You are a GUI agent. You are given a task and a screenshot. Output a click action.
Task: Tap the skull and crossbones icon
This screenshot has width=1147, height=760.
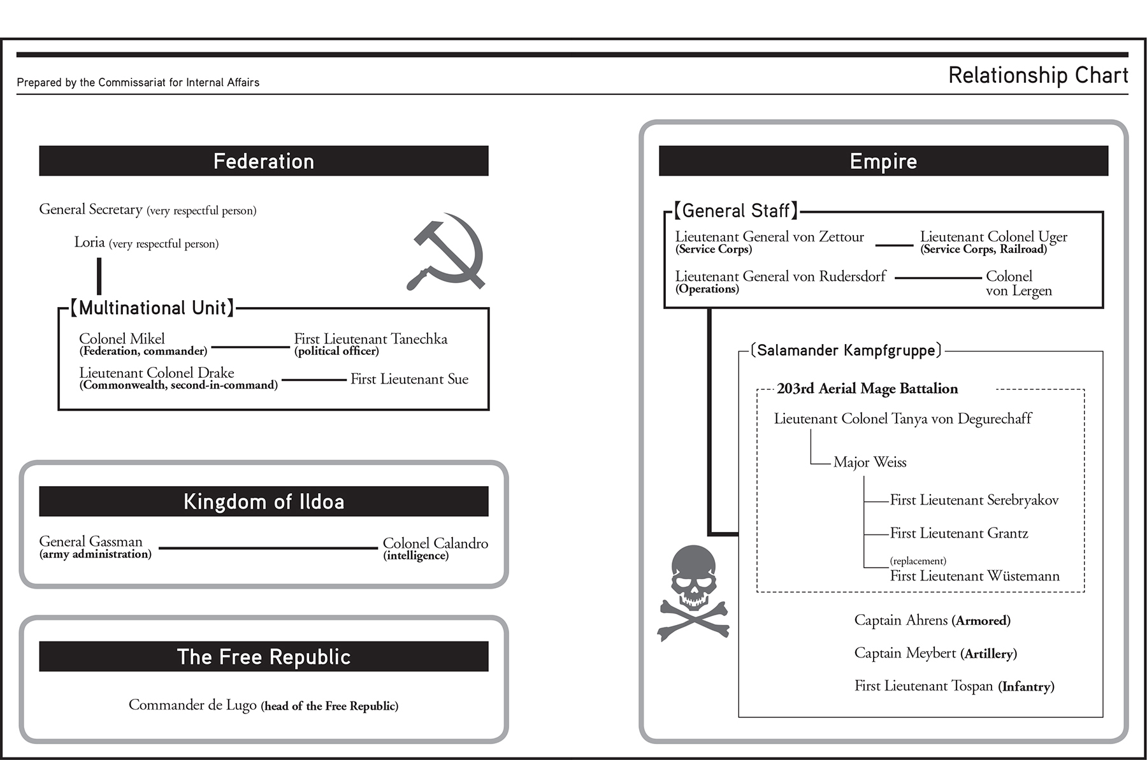tap(693, 592)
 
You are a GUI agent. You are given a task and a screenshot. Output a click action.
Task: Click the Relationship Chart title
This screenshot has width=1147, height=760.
tap(1037, 75)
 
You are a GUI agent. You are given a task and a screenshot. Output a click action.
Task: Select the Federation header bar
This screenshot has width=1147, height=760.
tap(264, 161)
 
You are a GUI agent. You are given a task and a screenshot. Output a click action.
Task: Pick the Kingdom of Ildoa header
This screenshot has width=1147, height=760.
tap(264, 501)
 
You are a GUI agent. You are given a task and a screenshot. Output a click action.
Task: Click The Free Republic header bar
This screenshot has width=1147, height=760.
tap(264, 657)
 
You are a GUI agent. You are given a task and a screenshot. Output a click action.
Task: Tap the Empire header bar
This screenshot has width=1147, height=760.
tap(883, 161)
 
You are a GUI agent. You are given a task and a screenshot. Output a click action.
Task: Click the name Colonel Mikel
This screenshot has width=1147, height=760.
tap(122, 339)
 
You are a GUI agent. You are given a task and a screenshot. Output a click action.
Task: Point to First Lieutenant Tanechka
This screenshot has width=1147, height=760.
tap(370, 339)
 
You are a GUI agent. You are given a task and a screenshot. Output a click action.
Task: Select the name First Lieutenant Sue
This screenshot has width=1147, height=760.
tap(409, 379)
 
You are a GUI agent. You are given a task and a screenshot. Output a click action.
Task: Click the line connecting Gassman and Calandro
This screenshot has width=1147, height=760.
tap(268, 548)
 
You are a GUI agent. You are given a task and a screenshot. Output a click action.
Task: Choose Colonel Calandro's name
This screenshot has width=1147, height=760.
tap(435, 543)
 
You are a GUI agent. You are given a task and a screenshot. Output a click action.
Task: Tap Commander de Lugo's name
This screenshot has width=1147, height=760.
tap(192, 705)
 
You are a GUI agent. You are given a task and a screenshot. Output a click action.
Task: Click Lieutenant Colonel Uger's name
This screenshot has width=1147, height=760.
tap(993, 237)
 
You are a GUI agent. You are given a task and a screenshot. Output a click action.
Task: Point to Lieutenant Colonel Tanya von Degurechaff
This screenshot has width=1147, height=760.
tap(902, 419)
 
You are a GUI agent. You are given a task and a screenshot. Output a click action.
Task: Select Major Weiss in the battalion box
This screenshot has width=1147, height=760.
tap(870, 462)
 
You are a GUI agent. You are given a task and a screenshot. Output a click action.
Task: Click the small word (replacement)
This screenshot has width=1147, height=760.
tap(918, 561)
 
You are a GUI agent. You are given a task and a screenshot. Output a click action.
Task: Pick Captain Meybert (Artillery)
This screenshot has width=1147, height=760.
tap(935, 654)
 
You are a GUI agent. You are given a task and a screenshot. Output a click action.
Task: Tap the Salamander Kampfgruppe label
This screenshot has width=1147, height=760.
tap(846, 350)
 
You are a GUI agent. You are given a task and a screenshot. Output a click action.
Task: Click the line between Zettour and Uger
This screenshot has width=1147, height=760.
tap(894, 245)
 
